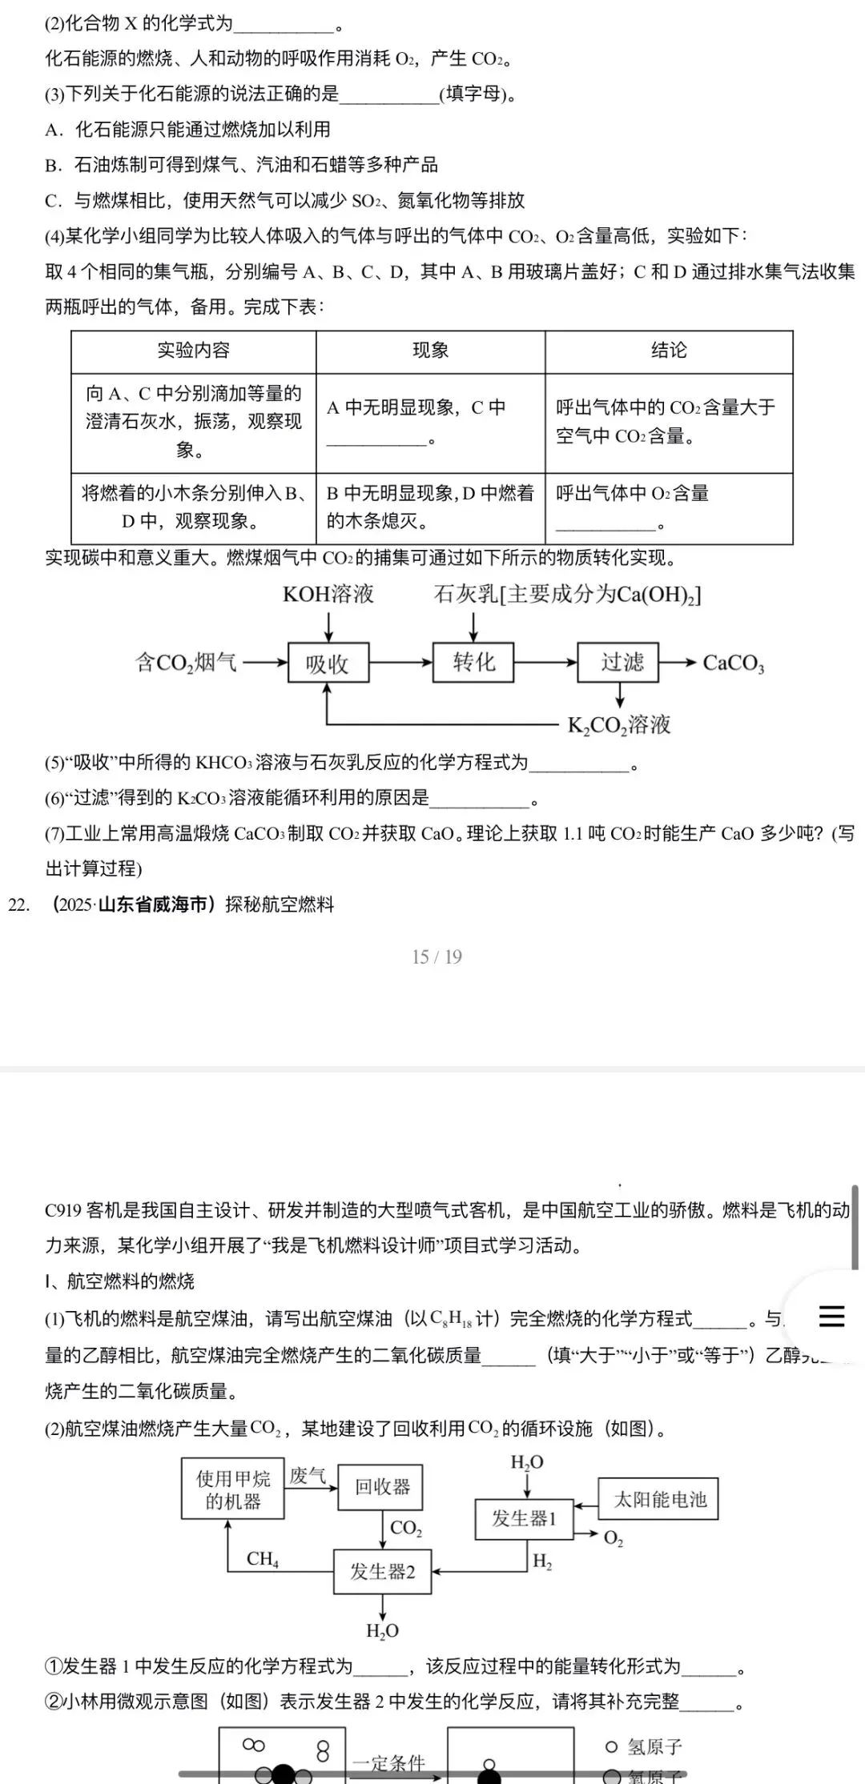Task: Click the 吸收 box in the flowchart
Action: [x=328, y=663]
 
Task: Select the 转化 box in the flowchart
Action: [x=473, y=662]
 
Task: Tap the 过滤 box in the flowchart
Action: [x=618, y=662]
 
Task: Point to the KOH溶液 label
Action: [x=328, y=594]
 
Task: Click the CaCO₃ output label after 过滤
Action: [x=733, y=663]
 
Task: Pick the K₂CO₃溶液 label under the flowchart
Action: [x=619, y=725]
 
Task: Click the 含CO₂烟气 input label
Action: [x=186, y=663]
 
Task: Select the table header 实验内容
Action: [x=193, y=351]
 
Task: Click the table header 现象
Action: [x=430, y=351]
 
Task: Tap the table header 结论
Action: [x=669, y=351]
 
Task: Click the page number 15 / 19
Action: [x=437, y=956]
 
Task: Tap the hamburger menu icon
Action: [x=831, y=1317]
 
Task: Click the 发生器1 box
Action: [x=525, y=1518]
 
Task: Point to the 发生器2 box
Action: [x=382, y=1572]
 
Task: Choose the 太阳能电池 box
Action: [x=659, y=1499]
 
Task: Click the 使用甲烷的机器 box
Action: [x=233, y=1489]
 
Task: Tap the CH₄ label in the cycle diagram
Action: [x=263, y=1558]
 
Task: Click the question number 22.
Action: [x=18, y=905]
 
